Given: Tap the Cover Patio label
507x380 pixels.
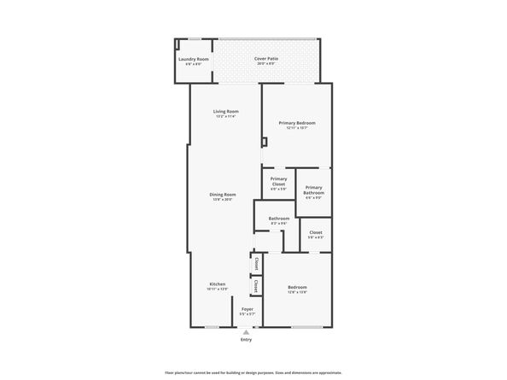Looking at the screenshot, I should (265, 59).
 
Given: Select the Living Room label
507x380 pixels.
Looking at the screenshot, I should (225, 112).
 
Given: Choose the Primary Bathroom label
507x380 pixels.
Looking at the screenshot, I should (313, 190).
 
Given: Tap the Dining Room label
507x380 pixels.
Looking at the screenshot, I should (223, 196).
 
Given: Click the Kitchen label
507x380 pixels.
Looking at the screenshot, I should (218, 284).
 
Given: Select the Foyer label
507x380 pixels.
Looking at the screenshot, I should (247, 309).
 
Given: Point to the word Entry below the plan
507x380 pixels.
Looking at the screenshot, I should (247, 340).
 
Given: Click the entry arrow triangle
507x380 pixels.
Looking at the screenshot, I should (247, 331).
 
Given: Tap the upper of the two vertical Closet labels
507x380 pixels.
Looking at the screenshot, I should (256, 264).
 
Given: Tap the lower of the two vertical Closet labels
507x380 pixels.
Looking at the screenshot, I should (256, 286).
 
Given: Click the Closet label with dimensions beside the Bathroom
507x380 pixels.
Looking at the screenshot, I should (316, 231).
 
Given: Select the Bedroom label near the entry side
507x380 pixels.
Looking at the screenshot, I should (297, 287).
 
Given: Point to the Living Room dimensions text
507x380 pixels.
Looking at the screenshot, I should (225, 117).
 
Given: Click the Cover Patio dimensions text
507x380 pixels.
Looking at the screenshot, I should (265, 64).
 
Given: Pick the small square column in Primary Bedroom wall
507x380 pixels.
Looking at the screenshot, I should (265, 142).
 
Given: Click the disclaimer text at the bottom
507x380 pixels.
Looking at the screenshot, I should (253, 372).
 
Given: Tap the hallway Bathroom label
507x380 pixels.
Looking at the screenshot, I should (278, 219).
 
